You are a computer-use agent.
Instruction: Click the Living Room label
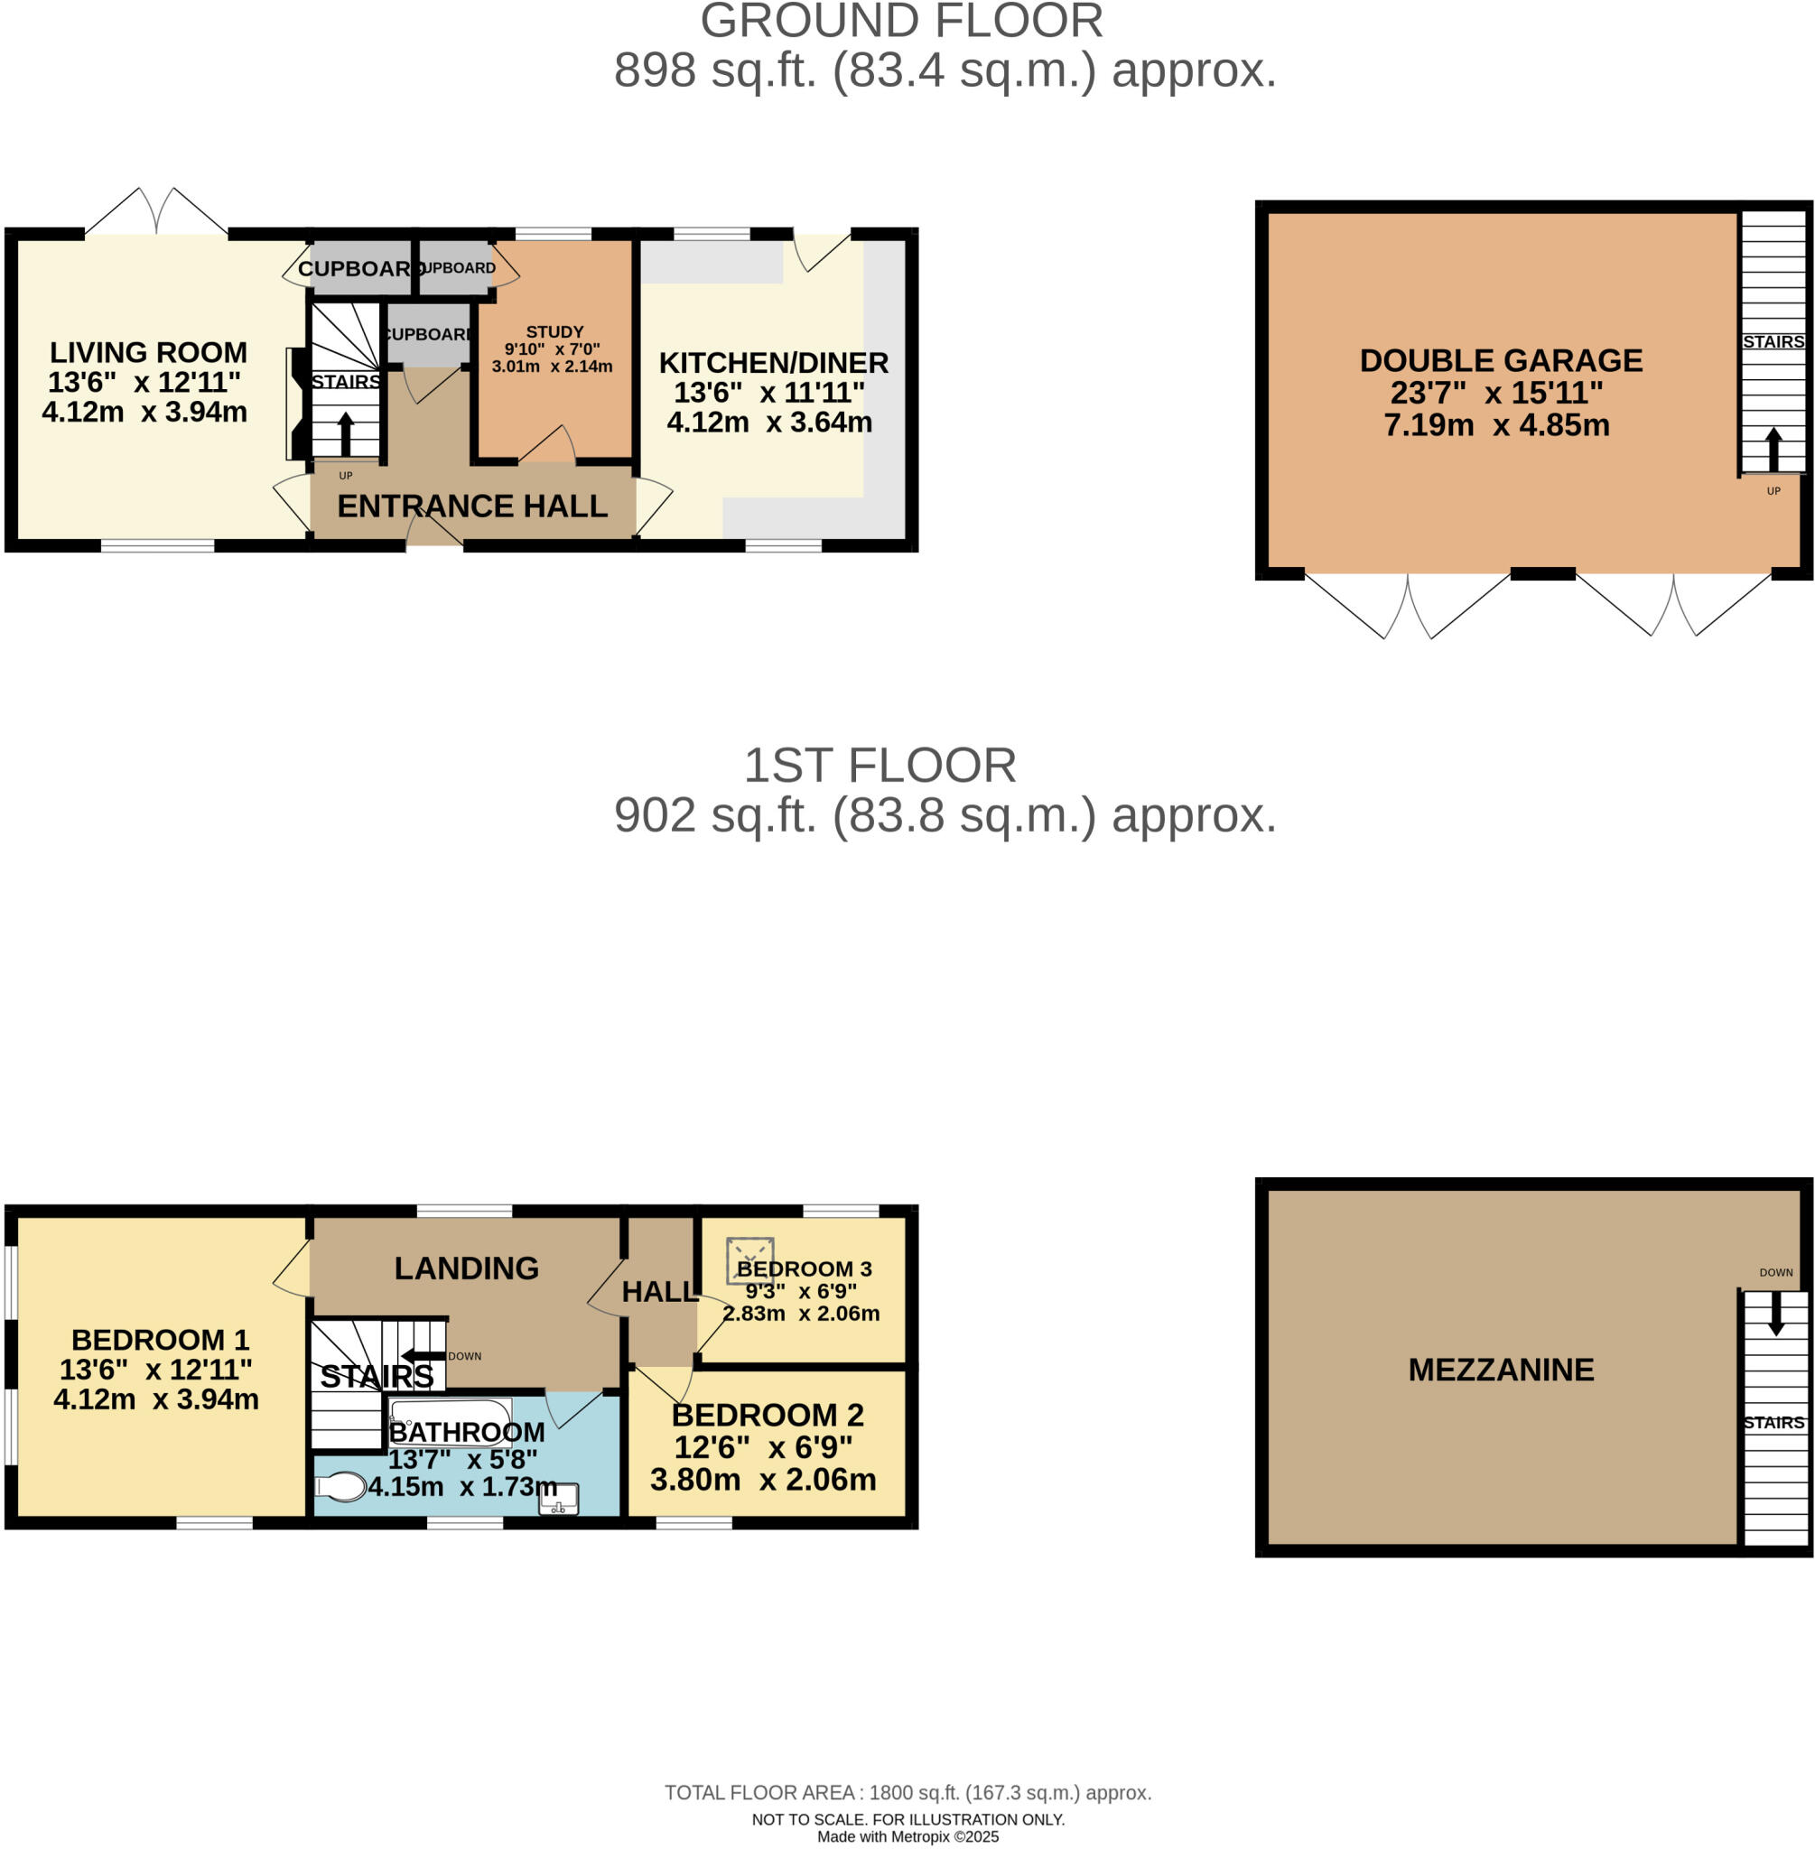click(148, 353)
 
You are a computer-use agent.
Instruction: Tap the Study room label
click(554, 331)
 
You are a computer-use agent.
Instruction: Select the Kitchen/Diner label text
click(773, 363)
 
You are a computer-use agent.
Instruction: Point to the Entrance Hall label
click(472, 506)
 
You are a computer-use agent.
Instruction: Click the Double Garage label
click(1501, 361)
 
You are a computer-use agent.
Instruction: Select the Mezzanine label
click(1501, 1370)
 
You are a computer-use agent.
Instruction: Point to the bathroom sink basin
click(559, 1500)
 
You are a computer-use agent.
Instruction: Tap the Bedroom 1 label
click(160, 1340)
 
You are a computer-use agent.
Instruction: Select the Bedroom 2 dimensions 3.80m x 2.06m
click(763, 1480)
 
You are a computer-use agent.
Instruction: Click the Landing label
click(466, 1268)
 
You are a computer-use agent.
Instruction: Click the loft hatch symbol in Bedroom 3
click(749, 1261)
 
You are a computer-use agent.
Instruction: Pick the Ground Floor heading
click(901, 21)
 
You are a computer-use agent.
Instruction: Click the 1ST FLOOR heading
click(879, 767)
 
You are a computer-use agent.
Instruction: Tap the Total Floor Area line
click(907, 1793)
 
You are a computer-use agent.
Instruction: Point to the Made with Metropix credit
click(907, 1836)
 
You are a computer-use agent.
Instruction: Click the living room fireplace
click(296, 404)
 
